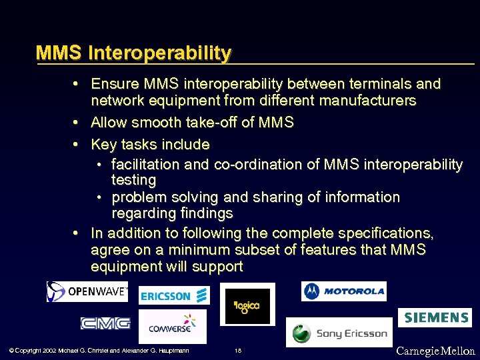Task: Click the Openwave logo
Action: (x=87, y=291)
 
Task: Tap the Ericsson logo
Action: (x=174, y=295)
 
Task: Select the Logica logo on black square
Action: (x=247, y=307)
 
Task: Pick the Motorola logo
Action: (x=343, y=291)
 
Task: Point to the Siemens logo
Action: (x=435, y=317)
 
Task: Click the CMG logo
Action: (x=105, y=323)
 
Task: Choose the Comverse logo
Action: (x=173, y=326)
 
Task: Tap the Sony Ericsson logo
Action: (x=339, y=333)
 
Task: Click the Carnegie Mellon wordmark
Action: (x=435, y=351)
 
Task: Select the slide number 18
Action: (x=238, y=351)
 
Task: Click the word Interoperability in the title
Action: (x=159, y=53)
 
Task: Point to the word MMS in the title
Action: (x=59, y=53)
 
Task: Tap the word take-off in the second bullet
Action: (x=234, y=123)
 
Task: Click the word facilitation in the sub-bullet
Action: (x=146, y=164)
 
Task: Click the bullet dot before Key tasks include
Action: (x=77, y=145)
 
